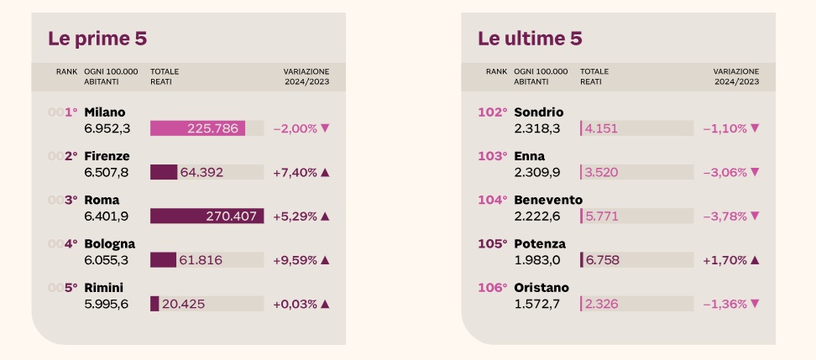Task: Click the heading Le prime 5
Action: click(x=98, y=39)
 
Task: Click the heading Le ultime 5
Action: click(x=530, y=39)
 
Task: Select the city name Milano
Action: click(x=105, y=112)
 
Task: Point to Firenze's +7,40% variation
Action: click(x=295, y=172)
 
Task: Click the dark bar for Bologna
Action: click(x=163, y=259)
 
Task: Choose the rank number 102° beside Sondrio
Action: click(x=493, y=112)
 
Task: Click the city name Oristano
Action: click(x=541, y=287)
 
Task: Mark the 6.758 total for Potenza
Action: click(x=603, y=259)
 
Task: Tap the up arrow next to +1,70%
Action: click(x=754, y=259)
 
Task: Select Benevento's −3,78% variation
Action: click(x=724, y=216)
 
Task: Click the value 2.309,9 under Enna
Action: click(x=536, y=172)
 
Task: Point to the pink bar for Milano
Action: click(x=197, y=128)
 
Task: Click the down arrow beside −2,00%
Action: click(x=325, y=128)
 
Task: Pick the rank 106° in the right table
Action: click(x=493, y=287)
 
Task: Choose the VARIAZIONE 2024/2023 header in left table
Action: click(x=306, y=76)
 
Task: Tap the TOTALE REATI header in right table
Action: click(x=594, y=76)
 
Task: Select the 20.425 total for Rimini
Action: click(x=183, y=303)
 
